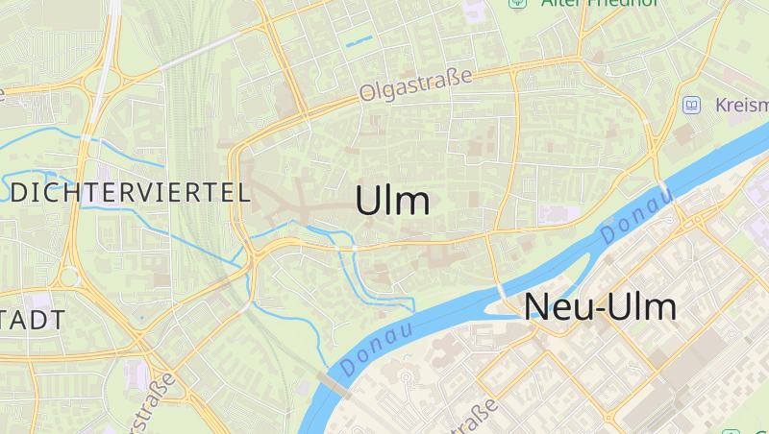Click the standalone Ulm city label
click(392, 201)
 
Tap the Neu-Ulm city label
click(600, 306)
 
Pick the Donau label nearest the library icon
click(635, 216)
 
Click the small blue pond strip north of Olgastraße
click(359, 41)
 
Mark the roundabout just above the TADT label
click(67, 278)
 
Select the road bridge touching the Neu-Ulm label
click(502, 290)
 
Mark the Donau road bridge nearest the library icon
click(665, 188)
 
